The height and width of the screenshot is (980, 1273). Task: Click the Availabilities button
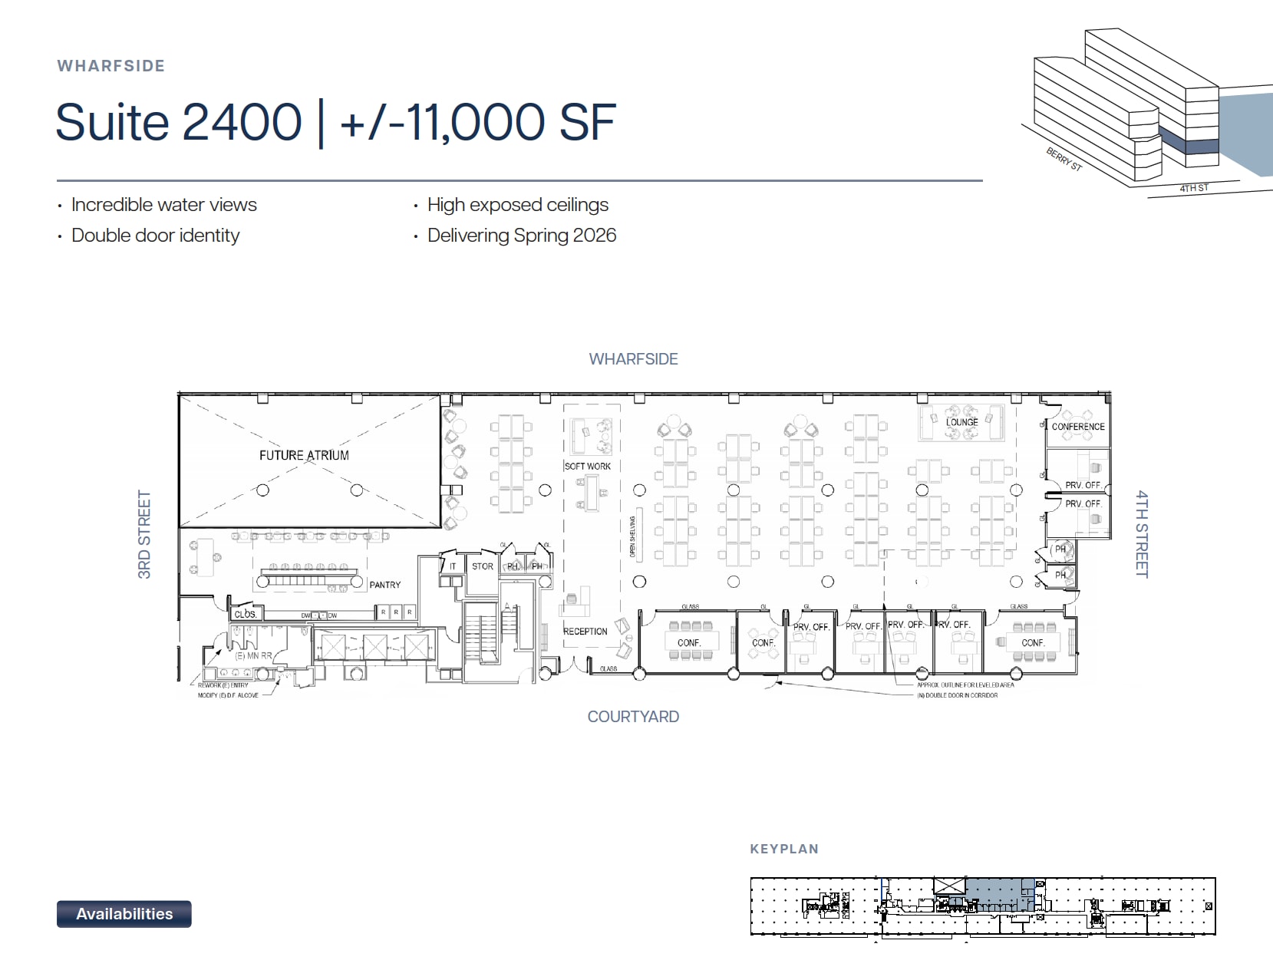click(x=124, y=913)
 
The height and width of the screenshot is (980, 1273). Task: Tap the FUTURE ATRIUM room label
click(x=304, y=455)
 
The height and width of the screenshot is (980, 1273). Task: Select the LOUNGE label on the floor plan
click(x=961, y=422)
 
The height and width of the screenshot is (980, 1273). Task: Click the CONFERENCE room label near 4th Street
click(x=1078, y=427)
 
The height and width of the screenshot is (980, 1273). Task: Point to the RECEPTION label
click(x=585, y=632)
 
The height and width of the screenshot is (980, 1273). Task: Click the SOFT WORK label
click(x=588, y=466)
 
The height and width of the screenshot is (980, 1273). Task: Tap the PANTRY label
click(x=384, y=585)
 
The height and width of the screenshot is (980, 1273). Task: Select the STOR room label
click(x=483, y=566)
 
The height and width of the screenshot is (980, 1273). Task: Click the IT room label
click(x=453, y=566)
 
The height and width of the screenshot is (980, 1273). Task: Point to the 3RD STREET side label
click(x=144, y=534)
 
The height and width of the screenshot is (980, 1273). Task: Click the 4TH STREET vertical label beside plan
click(x=1142, y=534)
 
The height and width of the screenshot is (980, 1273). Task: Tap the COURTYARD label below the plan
click(x=633, y=717)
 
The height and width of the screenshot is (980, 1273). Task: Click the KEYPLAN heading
click(x=784, y=849)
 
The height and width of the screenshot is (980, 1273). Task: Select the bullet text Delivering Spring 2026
click(x=522, y=236)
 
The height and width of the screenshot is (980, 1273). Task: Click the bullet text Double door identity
click(x=155, y=236)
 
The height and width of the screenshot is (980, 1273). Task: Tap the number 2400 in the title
click(x=242, y=123)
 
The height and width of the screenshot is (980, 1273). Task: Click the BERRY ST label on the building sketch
click(x=1064, y=160)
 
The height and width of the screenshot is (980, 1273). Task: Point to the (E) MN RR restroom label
click(x=253, y=656)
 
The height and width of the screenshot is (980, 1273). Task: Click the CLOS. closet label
click(x=246, y=614)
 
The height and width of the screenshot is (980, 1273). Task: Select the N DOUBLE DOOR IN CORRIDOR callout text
click(x=958, y=695)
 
